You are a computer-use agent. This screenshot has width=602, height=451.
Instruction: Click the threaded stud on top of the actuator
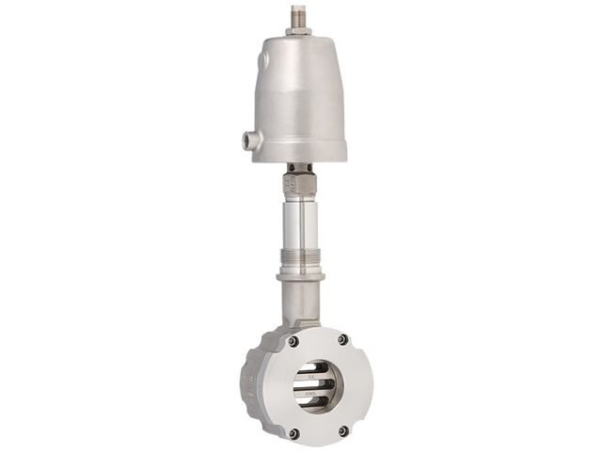[300, 15]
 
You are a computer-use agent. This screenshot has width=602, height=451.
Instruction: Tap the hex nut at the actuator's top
[300, 30]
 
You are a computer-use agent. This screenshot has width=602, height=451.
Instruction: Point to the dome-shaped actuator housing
[300, 89]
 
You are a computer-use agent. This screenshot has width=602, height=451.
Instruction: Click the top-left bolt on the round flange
[293, 341]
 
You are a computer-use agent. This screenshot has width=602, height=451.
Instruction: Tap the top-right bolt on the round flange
[342, 339]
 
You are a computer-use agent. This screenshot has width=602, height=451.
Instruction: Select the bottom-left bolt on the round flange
[293, 432]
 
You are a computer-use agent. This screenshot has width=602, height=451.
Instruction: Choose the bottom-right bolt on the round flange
[342, 430]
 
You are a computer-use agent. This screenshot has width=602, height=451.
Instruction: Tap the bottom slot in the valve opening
[315, 403]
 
